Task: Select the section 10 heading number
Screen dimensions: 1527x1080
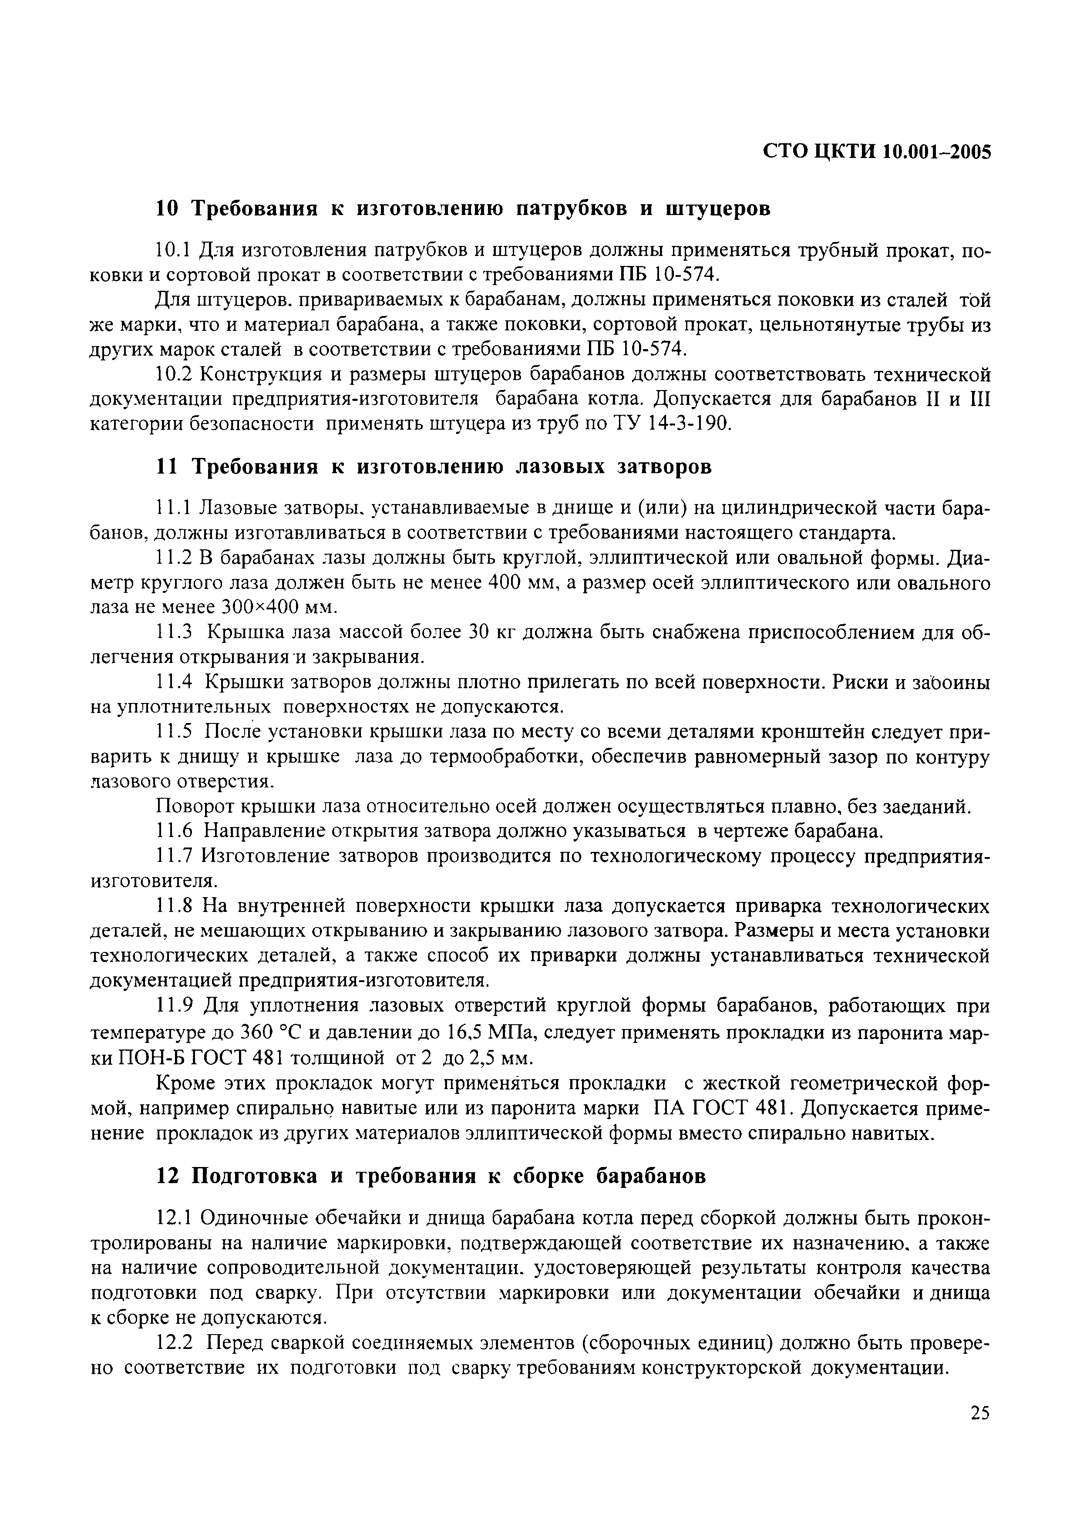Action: pyautogui.click(x=166, y=209)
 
